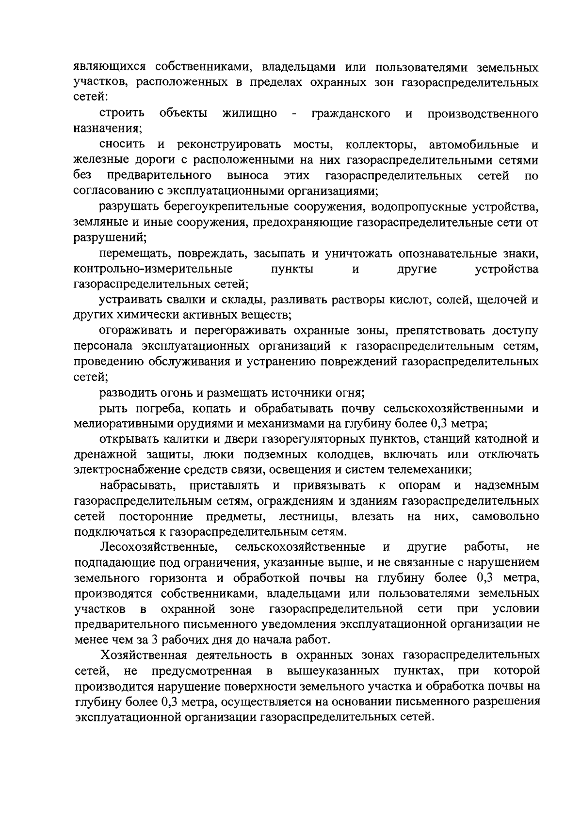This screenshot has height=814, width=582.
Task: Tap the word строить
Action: click(x=122, y=113)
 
